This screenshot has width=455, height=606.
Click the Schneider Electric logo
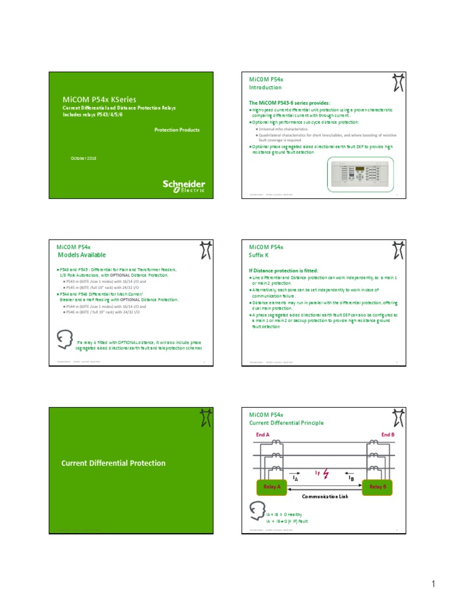184,185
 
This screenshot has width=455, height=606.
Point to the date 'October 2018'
79,159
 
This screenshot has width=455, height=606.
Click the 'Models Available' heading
81,255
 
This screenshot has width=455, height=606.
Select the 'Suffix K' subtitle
259,255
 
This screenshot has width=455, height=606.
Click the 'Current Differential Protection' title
113,463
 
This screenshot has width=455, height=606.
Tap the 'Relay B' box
377,486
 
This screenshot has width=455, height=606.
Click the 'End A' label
262,435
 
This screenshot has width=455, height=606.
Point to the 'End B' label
388,435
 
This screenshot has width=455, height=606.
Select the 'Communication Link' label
324,497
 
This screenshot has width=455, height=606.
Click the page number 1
433,585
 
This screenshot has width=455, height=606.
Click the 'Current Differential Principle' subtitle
286,423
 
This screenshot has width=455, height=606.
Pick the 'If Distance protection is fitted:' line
284,270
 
